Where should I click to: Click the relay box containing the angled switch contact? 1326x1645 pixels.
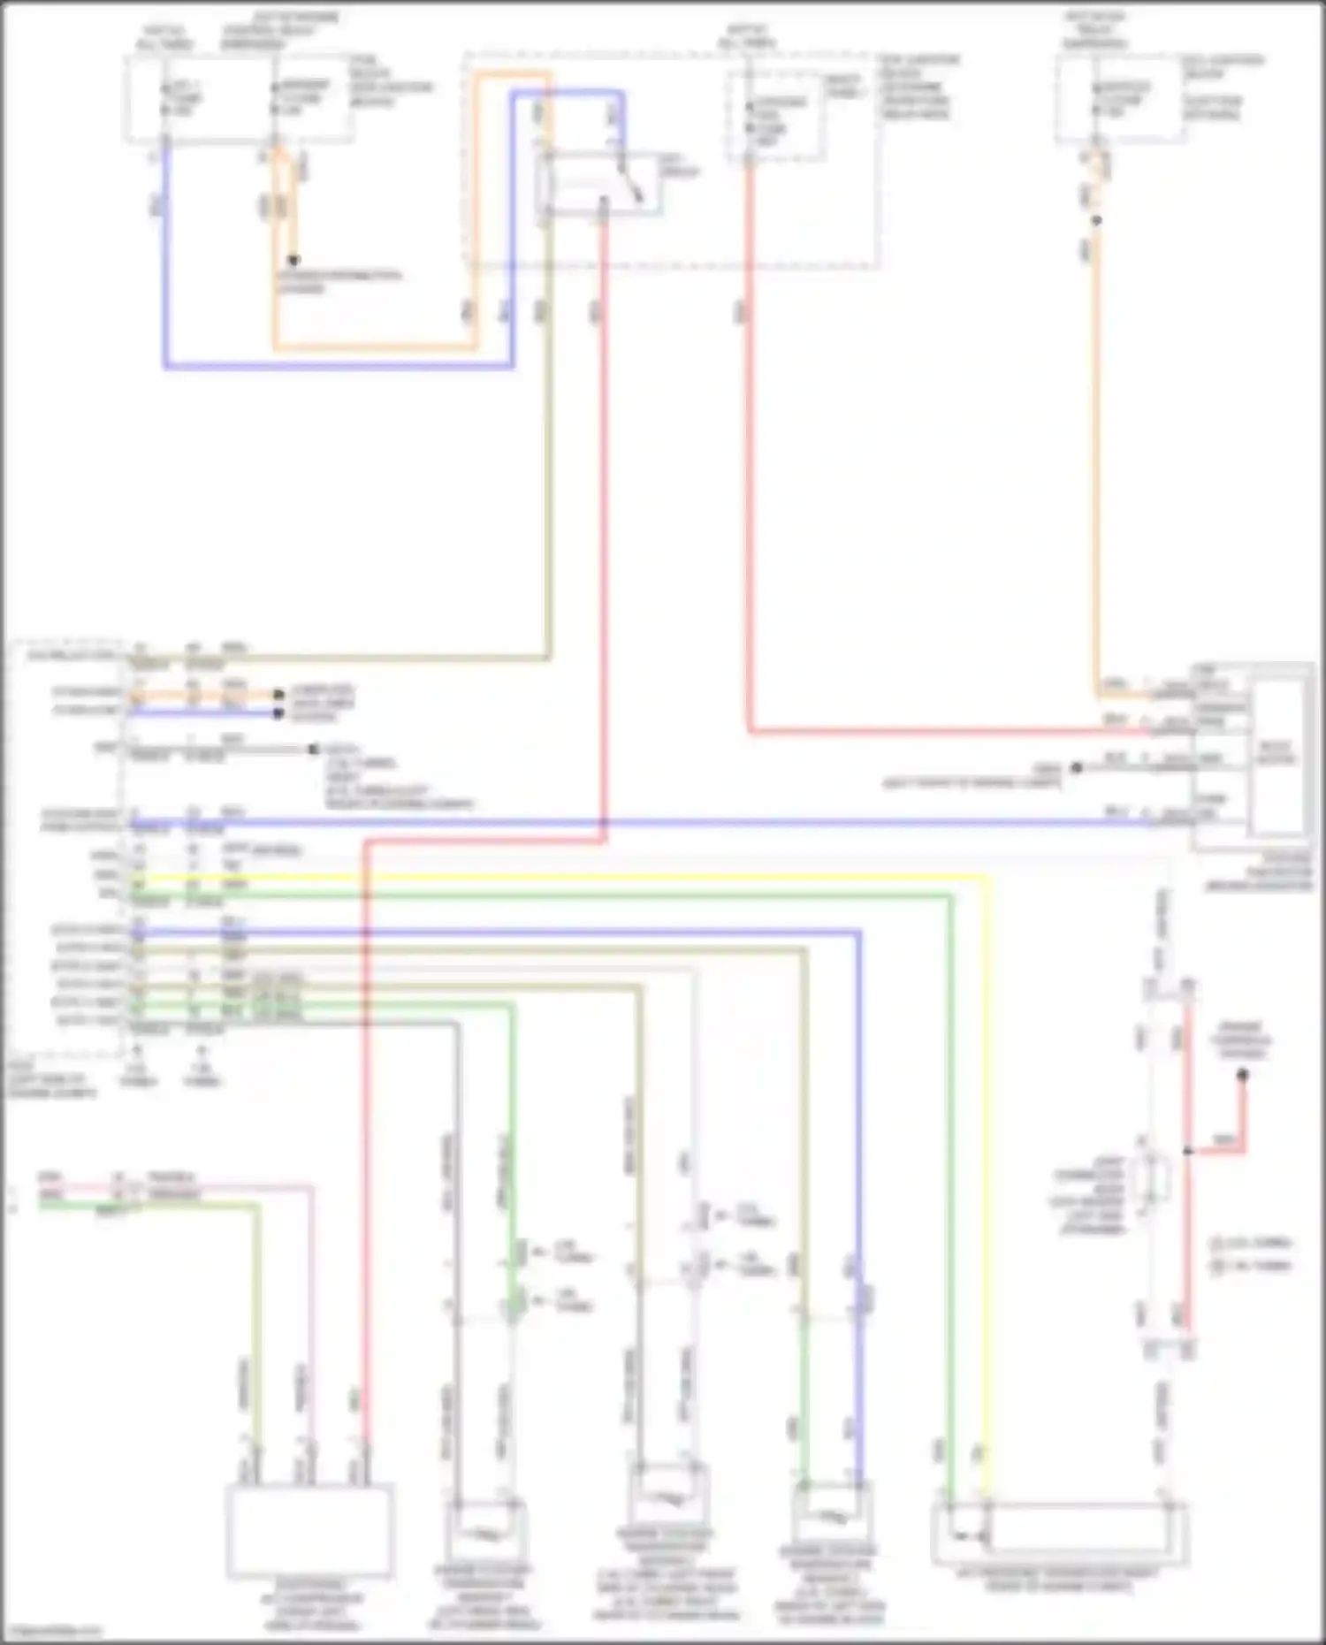tap(601, 184)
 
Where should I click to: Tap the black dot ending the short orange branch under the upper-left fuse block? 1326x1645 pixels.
tap(293, 260)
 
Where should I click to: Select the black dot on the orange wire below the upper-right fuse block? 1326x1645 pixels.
tap(1096, 220)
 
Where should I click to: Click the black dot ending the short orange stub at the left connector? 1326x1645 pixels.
tap(278, 695)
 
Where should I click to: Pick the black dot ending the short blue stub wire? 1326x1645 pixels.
tap(278, 712)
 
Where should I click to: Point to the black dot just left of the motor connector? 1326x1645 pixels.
tap(1076, 767)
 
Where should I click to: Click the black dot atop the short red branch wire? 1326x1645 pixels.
tap(1242, 1075)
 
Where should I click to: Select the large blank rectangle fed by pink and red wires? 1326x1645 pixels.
tap(309, 1531)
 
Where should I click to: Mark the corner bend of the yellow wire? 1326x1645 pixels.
tap(987, 878)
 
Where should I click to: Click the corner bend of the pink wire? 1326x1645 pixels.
tap(311, 1187)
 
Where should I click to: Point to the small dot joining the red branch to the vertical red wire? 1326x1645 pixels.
tap(1188, 1151)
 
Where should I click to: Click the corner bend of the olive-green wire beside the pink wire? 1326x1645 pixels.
tap(258, 1204)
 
